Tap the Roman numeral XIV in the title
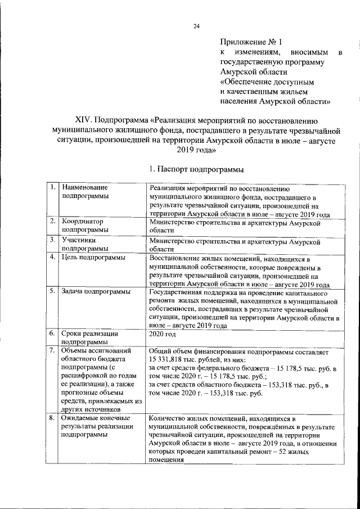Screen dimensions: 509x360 [x=84, y=120]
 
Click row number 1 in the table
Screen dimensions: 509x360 [x=52, y=187]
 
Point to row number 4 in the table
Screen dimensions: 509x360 [x=52, y=258]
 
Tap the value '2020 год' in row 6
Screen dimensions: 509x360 [x=163, y=334]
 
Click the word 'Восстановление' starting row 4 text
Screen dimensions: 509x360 [x=177, y=258]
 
